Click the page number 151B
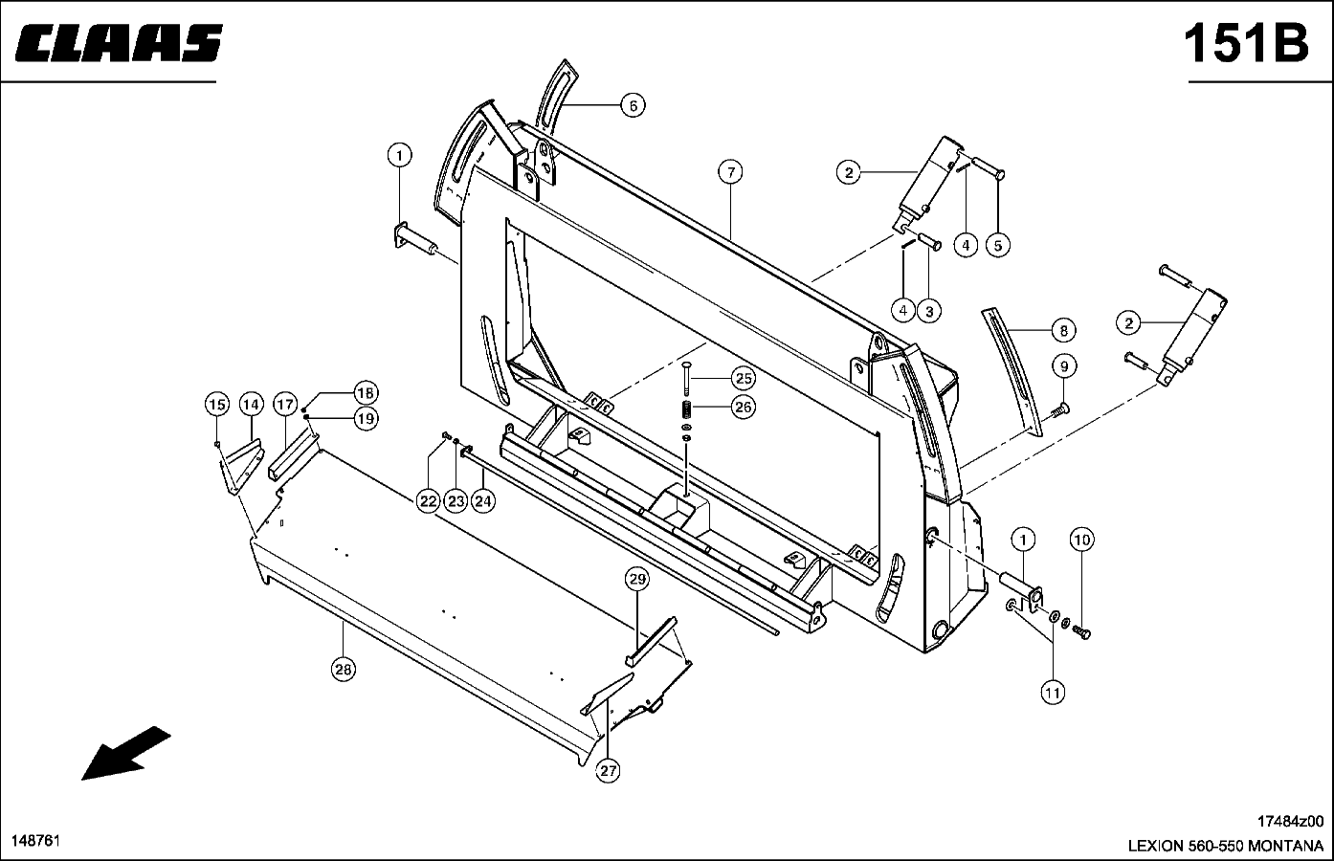(x=1245, y=44)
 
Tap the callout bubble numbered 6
(x=633, y=105)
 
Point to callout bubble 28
(x=343, y=670)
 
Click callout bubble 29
(x=638, y=579)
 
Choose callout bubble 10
(x=1081, y=541)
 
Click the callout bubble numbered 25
(x=744, y=377)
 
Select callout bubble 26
(x=744, y=407)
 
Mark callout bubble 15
(x=217, y=405)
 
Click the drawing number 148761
(x=36, y=840)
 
